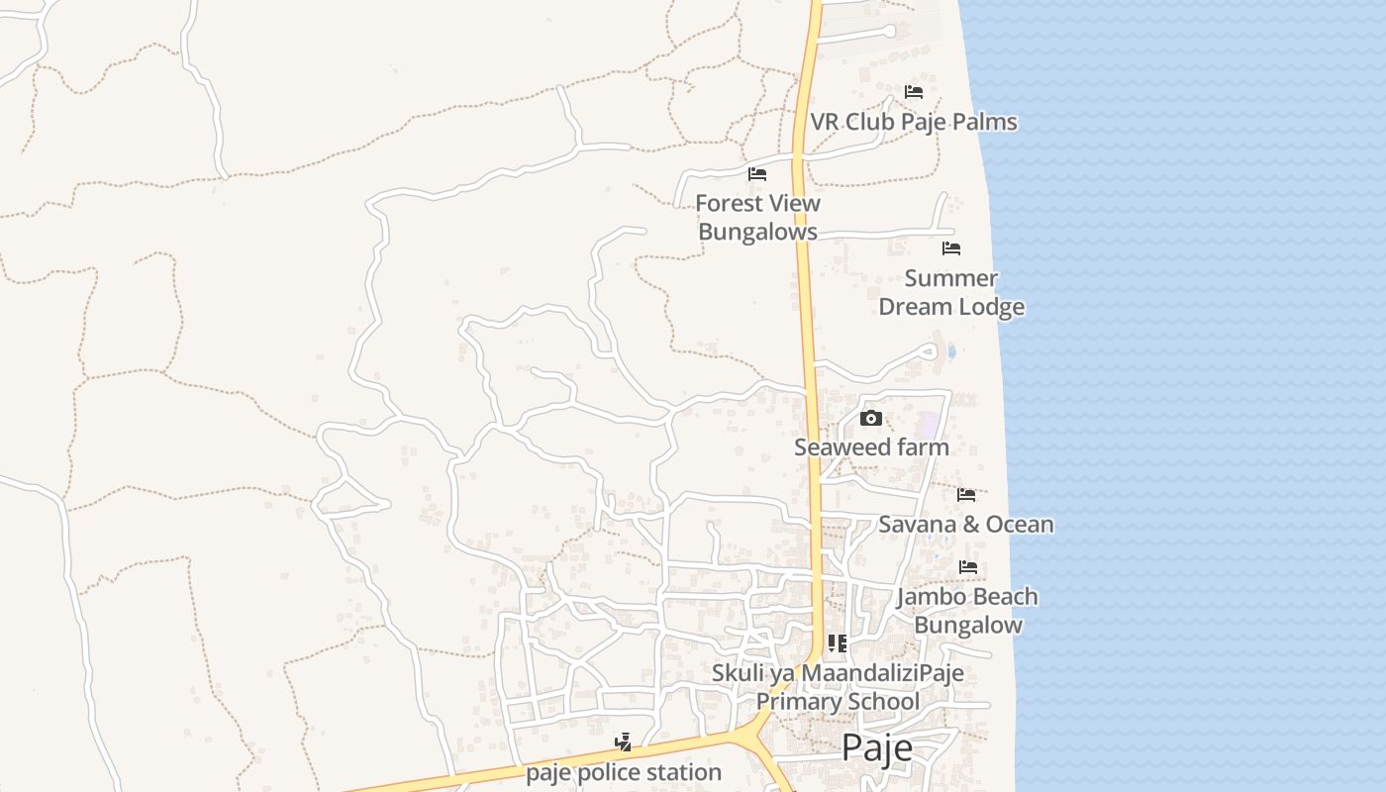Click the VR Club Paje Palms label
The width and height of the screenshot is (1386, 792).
(x=914, y=122)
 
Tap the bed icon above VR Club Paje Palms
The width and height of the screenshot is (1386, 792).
(x=914, y=92)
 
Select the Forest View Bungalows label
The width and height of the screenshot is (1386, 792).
(x=757, y=217)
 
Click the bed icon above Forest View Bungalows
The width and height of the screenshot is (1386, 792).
(x=757, y=174)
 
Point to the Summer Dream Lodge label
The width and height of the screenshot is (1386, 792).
(x=951, y=292)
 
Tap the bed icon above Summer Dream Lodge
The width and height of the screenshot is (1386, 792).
(x=951, y=247)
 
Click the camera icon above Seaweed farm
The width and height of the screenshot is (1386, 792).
(x=871, y=418)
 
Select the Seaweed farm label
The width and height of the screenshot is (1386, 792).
(x=871, y=447)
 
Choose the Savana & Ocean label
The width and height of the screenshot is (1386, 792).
(x=965, y=524)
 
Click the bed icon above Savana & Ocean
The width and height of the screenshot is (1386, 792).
(x=966, y=494)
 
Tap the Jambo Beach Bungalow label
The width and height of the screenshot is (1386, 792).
(x=967, y=610)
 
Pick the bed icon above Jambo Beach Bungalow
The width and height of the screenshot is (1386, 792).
(x=968, y=567)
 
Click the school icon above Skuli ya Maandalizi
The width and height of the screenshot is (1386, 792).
(x=838, y=643)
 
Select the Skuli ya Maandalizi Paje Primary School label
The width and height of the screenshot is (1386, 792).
(x=838, y=687)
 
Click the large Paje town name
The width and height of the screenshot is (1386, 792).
(x=877, y=748)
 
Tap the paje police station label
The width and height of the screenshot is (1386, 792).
(x=624, y=772)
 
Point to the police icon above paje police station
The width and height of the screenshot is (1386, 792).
(x=623, y=742)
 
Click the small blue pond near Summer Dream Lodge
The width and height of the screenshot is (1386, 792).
(x=951, y=350)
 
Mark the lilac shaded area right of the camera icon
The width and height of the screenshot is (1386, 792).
(x=928, y=425)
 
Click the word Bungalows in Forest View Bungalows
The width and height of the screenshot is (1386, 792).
(x=757, y=232)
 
